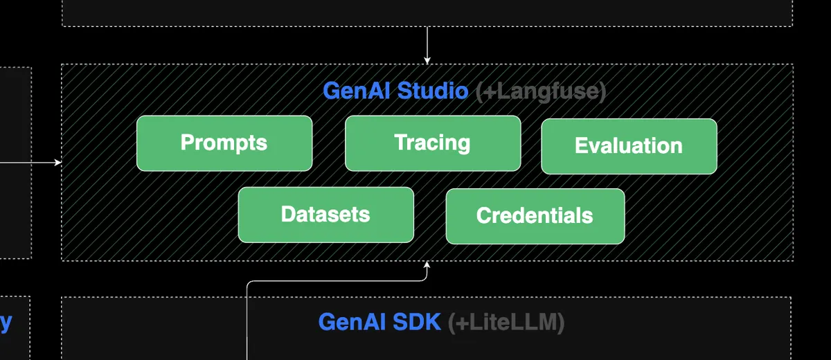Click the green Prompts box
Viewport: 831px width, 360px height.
tap(224, 143)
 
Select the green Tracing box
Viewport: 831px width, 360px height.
tap(433, 143)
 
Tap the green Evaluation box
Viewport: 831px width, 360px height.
tap(629, 146)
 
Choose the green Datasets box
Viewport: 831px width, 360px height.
tap(325, 215)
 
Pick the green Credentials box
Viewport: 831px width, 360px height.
tap(535, 216)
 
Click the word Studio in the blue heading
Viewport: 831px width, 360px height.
tap(432, 91)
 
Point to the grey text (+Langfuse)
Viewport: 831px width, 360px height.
tap(541, 91)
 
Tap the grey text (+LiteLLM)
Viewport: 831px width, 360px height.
tap(506, 322)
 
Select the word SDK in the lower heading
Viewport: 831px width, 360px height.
tap(417, 322)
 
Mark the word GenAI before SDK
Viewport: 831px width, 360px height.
tap(352, 322)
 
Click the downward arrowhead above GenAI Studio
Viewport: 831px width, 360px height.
tap(427, 60)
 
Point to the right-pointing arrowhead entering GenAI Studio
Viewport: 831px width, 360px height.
tap(58, 163)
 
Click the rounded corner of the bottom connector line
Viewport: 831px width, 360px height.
tap(249, 283)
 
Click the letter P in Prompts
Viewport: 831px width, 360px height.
tap(186, 143)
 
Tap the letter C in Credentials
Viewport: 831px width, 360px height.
tap(483, 215)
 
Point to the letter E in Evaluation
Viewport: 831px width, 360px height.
tap(580, 146)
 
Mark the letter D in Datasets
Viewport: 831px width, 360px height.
tap(287, 214)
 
